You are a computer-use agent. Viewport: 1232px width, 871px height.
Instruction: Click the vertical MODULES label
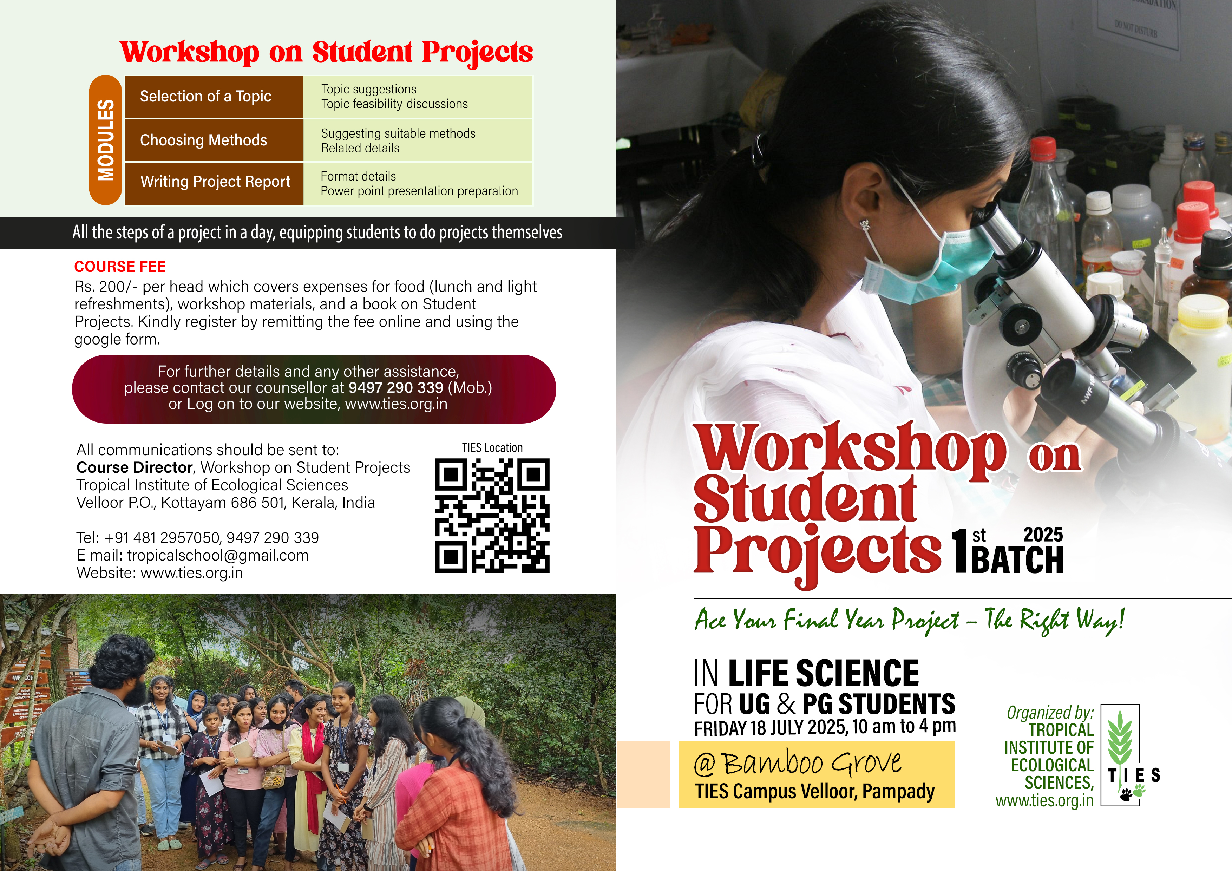point(106,140)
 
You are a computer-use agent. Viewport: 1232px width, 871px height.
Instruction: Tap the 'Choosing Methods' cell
point(214,140)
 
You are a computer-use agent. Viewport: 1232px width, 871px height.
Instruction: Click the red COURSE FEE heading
point(120,267)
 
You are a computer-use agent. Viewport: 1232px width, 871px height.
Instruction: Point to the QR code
point(492,515)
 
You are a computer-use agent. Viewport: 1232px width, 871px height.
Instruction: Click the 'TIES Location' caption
point(492,447)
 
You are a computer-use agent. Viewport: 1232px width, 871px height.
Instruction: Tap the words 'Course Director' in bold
point(134,467)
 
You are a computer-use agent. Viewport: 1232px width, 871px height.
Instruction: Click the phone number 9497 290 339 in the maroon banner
point(396,387)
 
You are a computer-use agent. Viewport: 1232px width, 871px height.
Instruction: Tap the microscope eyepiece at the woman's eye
point(992,225)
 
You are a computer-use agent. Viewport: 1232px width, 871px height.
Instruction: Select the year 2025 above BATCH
point(1043,535)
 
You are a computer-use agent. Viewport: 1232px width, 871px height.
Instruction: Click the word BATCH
point(1017,560)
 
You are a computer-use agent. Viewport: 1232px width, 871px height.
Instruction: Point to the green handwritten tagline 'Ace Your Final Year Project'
point(827,620)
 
